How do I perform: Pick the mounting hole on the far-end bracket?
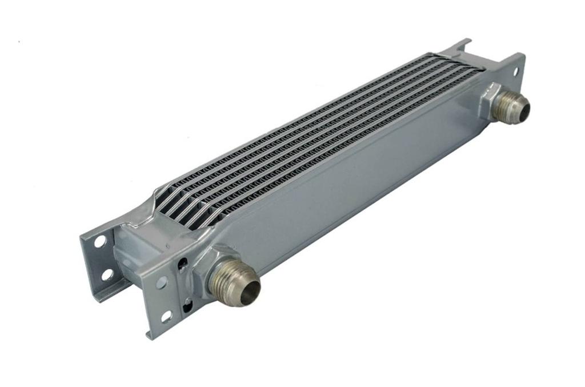click(515, 71)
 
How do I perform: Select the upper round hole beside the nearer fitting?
click(162, 282)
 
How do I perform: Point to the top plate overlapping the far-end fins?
click(451, 60)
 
